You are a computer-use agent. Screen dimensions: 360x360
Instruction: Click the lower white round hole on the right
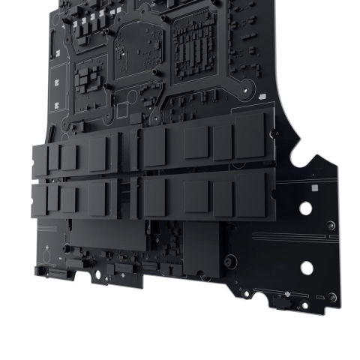point(307,267)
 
